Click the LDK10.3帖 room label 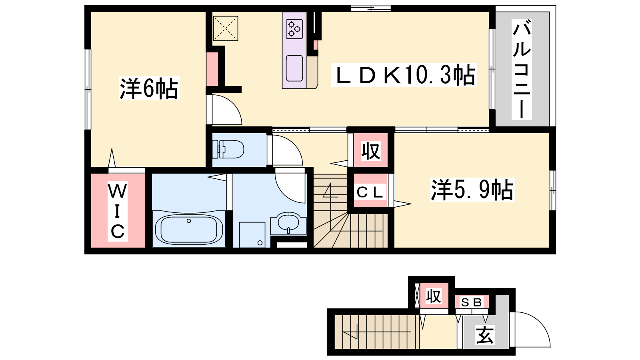(x=404, y=74)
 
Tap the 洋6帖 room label (x=149, y=88)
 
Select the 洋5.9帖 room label (x=472, y=190)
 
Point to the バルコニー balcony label (x=522, y=69)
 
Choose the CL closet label (x=370, y=192)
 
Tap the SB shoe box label (x=472, y=302)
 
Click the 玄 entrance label (x=485, y=335)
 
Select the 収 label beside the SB (x=434, y=296)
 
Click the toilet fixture (x=228, y=149)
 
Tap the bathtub (x=189, y=230)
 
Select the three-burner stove (x=294, y=29)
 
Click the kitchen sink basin (x=294, y=68)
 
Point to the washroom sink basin (x=288, y=223)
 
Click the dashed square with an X (x=226, y=28)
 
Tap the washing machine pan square (x=252, y=234)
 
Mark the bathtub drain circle (x=188, y=221)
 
